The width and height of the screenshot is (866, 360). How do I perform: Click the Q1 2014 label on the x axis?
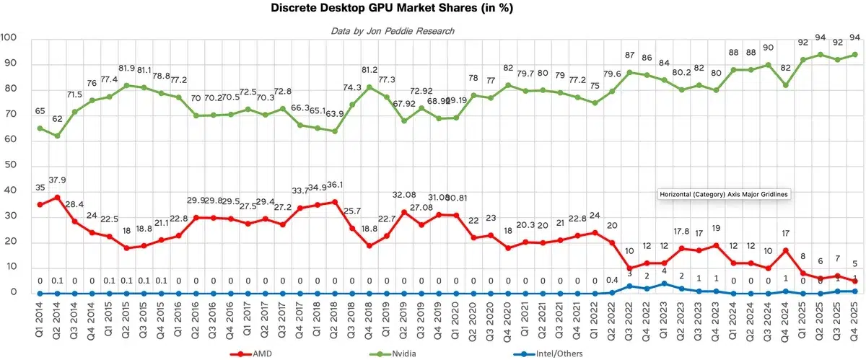tap(40, 317)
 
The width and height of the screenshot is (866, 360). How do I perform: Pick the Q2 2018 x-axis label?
tap(335, 317)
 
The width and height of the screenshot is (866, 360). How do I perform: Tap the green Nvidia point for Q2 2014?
tap(57, 135)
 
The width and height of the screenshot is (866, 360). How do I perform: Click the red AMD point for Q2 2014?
tap(57, 197)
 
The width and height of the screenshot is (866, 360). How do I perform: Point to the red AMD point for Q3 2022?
tap(629, 268)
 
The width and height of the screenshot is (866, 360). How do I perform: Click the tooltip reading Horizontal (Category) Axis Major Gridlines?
tap(725, 194)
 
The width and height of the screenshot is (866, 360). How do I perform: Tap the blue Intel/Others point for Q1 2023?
tap(664, 284)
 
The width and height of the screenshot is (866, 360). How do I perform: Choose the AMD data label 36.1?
tap(336, 185)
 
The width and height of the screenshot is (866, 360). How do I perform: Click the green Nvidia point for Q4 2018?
tap(369, 87)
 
